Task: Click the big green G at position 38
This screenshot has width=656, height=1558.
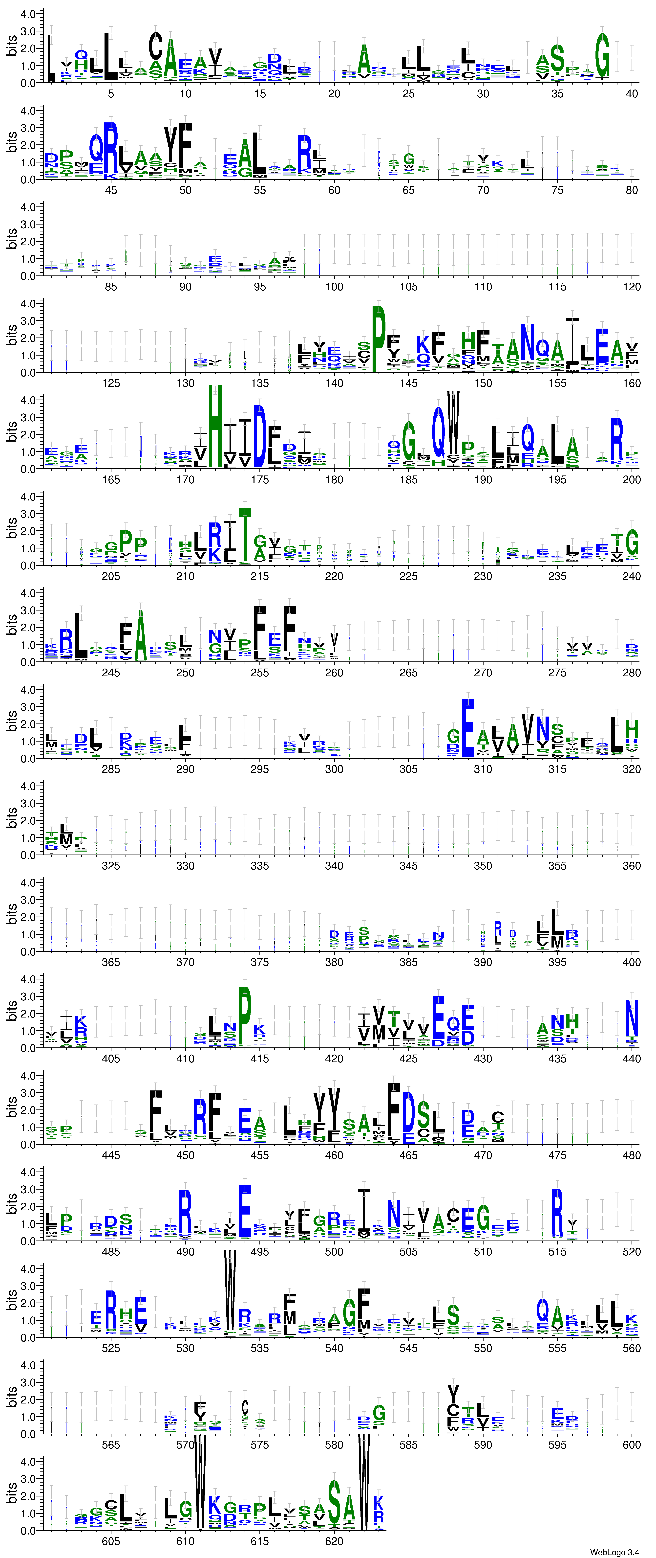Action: point(602,56)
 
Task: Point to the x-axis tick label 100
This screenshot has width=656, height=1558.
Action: point(334,287)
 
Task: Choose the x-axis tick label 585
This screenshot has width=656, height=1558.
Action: point(409,1445)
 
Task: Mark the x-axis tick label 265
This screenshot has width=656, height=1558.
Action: point(409,673)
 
